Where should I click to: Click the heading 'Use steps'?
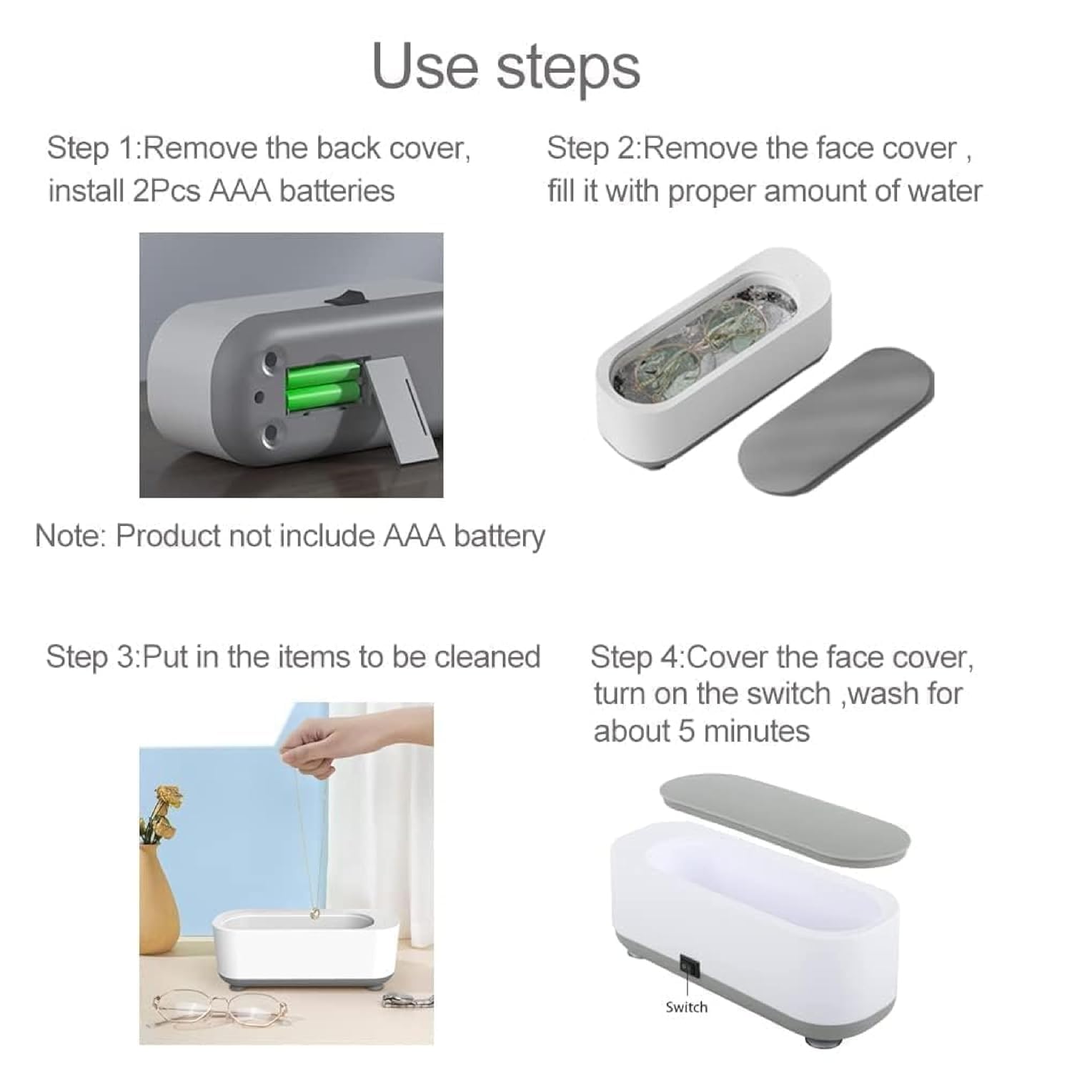[505, 66]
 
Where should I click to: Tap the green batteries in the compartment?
[322, 386]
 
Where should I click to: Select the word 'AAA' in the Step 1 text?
[240, 191]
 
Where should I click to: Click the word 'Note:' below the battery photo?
[70, 535]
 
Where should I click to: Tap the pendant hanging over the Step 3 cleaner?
[314, 914]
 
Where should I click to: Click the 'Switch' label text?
[686, 1007]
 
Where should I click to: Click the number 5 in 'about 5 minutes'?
[686, 731]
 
